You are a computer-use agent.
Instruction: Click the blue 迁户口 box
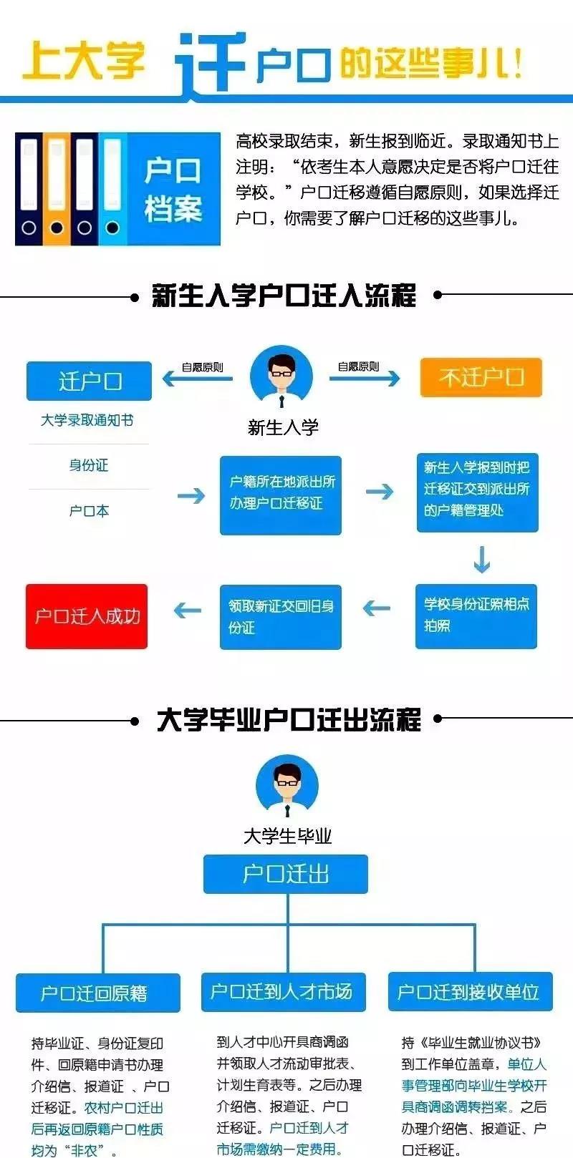point(89,381)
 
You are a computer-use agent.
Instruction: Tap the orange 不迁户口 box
point(481,377)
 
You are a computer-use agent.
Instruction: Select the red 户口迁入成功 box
point(87,616)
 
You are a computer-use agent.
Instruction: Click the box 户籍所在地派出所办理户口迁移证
point(280,495)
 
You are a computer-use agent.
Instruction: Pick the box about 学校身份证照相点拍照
point(476,616)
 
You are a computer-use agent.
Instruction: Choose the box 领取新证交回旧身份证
point(280,616)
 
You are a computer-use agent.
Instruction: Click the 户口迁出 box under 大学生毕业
point(285,874)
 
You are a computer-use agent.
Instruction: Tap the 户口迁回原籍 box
point(98,993)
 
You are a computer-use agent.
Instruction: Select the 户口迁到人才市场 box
point(283,991)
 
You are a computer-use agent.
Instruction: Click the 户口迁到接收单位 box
point(470,991)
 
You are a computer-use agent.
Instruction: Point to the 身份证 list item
point(89,465)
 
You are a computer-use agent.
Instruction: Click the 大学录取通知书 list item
point(87,420)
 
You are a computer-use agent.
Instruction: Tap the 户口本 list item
point(89,511)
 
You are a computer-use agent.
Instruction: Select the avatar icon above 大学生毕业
point(286,789)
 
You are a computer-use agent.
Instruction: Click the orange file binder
point(57,188)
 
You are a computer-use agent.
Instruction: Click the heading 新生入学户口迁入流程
point(284,295)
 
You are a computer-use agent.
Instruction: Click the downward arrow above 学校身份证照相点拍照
point(481,560)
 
